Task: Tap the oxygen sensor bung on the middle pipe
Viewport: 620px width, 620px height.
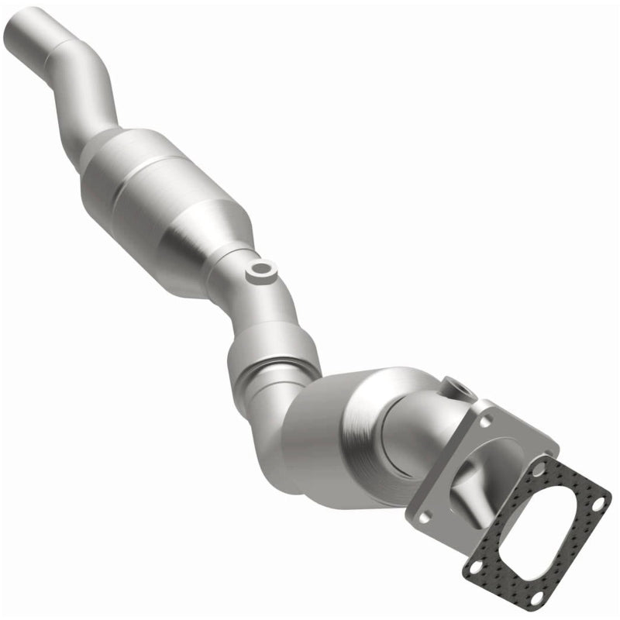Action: [260, 270]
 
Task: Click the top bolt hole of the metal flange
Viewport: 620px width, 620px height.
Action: [487, 418]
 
